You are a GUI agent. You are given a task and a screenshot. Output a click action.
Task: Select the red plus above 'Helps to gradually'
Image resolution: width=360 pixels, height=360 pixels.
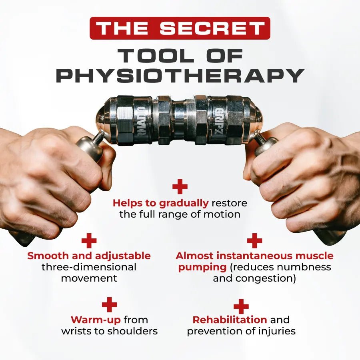(x=180, y=186)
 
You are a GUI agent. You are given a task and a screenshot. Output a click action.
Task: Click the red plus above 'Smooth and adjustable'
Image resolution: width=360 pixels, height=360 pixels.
(x=89, y=240)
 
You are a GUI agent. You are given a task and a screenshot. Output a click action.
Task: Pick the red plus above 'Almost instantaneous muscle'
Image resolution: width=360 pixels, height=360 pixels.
(x=254, y=240)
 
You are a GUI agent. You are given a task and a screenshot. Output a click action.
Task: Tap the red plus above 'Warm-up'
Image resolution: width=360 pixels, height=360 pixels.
(x=109, y=305)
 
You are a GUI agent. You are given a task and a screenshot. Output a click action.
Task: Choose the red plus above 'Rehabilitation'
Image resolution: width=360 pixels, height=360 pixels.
(x=241, y=306)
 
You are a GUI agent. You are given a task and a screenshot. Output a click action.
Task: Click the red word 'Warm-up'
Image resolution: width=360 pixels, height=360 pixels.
(x=96, y=320)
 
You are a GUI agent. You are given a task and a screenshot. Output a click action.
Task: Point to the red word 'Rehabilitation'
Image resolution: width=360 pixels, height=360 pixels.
(x=230, y=320)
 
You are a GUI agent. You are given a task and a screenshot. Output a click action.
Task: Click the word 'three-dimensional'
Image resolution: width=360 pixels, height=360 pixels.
(x=89, y=267)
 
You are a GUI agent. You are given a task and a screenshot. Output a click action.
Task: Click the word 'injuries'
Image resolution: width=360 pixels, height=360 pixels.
(x=277, y=331)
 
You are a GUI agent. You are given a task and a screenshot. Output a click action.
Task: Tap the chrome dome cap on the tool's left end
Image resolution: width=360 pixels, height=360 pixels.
(x=103, y=120)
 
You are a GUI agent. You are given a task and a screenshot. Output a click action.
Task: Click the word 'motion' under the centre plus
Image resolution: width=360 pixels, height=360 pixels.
(x=221, y=214)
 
